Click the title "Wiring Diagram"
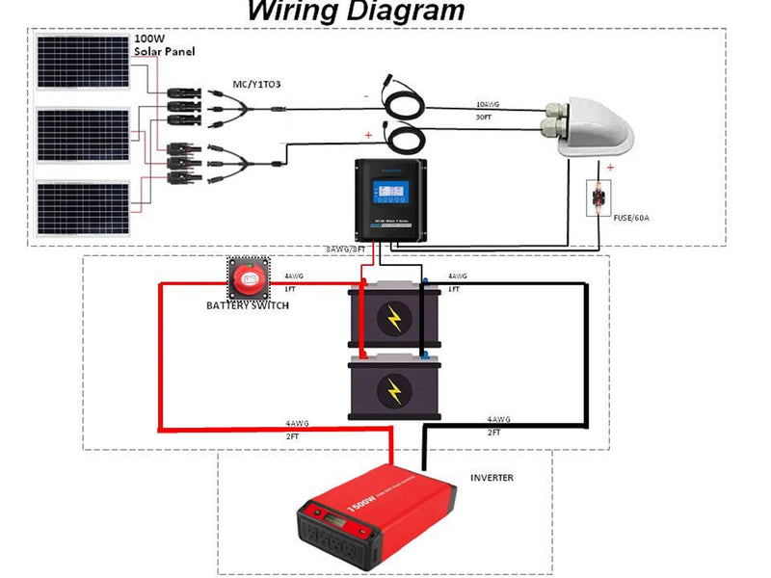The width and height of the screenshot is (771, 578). point(356,12)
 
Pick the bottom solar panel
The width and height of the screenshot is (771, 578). point(83,208)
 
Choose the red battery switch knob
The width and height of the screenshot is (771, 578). point(250,279)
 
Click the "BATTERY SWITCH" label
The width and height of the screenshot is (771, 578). point(247,305)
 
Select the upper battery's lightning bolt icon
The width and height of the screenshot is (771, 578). point(394,319)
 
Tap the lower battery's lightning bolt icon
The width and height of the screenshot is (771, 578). point(394,389)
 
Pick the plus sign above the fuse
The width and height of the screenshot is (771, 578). point(610,166)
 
